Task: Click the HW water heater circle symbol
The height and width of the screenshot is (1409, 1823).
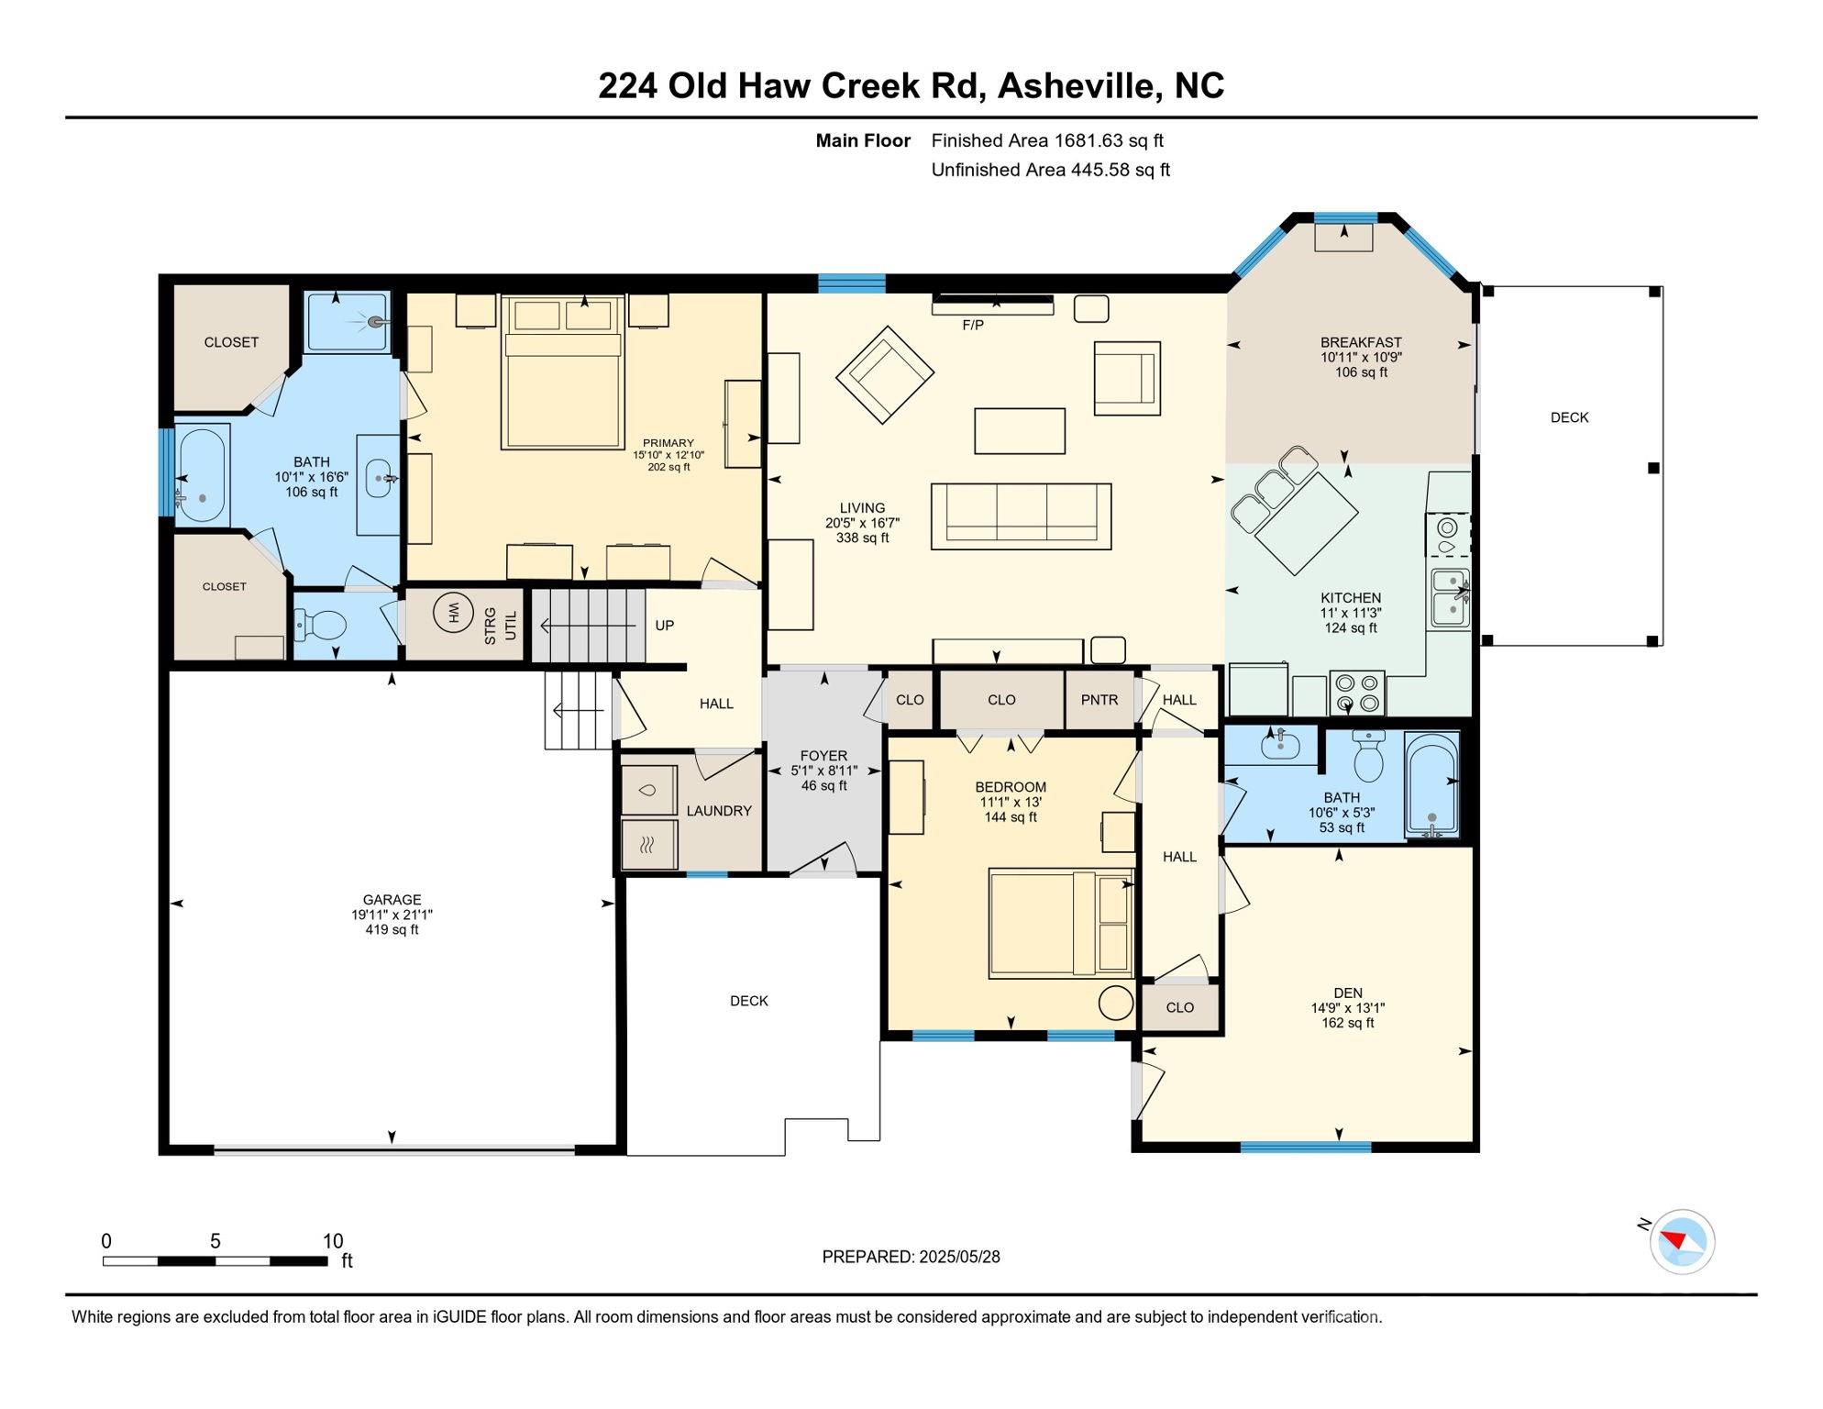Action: pos(450,612)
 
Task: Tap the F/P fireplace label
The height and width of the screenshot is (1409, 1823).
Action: pos(972,325)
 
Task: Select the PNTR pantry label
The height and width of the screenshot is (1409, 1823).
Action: pos(1099,700)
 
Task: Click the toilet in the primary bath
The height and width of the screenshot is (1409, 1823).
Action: pos(322,626)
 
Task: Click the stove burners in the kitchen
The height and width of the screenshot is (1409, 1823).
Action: pos(1357,693)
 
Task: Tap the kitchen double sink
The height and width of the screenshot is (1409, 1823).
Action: pos(1450,598)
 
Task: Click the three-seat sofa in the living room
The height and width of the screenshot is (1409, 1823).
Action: pos(1021,516)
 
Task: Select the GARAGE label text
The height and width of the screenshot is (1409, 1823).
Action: pos(392,900)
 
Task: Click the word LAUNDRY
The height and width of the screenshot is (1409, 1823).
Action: pos(719,811)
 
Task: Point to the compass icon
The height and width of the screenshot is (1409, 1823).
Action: pos(1682,1242)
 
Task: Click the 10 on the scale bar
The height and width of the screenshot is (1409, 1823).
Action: pos(333,1241)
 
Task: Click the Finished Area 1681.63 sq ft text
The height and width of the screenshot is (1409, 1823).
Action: pos(1046,140)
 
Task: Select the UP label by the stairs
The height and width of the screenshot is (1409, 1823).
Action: pos(665,626)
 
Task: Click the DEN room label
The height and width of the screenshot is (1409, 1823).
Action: pos(1347,993)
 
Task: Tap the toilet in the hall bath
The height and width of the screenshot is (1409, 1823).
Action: pos(1369,756)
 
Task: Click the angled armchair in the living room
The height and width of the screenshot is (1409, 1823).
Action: pos(884,374)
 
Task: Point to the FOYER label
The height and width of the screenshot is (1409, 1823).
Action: pos(823,756)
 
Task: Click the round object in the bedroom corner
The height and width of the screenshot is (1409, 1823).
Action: pos(1115,1003)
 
